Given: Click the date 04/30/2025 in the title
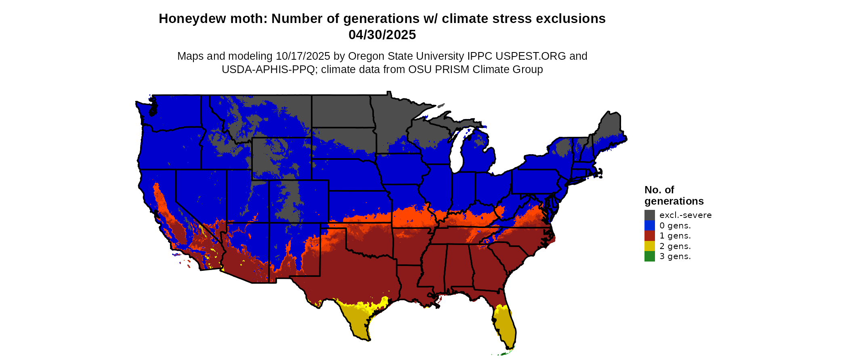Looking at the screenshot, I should pyautogui.click(x=382, y=35).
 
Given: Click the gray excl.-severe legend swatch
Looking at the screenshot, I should pyautogui.click(x=649, y=215).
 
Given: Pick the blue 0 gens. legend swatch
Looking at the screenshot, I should pyautogui.click(x=649, y=226).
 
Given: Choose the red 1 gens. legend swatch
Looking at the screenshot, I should pyautogui.click(x=649, y=236).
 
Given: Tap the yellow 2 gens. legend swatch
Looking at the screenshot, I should pyautogui.click(x=649, y=246).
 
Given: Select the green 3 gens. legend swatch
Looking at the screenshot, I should pyautogui.click(x=649, y=256).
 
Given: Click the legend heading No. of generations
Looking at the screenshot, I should pyautogui.click(x=674, y=195).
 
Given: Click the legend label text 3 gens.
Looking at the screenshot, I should pyautogui.click(x=675, y=256).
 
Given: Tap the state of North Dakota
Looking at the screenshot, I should pyautogui.click(x=342, y=111).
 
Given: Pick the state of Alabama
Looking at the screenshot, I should pyautogui.click(x=458, y=264).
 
